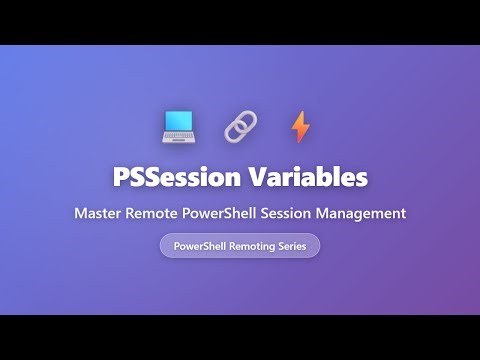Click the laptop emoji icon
[x=179, y=126]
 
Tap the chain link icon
[x=240, y=126]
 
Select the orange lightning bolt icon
[x=300, y=126]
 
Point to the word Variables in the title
[x=308, y=178]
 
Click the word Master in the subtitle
[x=98, y=213]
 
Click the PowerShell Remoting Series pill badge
[x=240, y=245]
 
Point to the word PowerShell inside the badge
[x=201, y=245]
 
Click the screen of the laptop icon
[x=179, y=122]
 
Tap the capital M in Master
[x=80, y=213]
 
